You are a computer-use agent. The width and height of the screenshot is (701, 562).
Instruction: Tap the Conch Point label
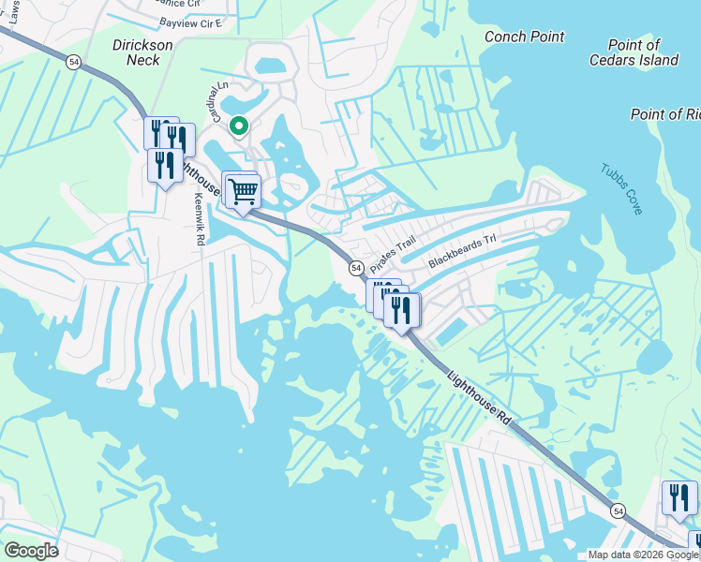[x=525, y=37]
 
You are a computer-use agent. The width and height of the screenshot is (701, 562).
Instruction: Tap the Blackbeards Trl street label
[x=462, y=250]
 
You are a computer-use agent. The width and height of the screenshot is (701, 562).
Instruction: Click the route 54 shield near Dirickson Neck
[x=74, y=60]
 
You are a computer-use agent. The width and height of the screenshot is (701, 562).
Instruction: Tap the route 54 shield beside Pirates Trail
[x=356, y=268]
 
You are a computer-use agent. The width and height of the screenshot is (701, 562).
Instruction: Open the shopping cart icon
[x=244, y=190]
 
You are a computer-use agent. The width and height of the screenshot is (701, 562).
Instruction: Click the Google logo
[x=31, y=551]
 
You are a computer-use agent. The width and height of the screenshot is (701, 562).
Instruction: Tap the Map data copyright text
[x=642, y=555]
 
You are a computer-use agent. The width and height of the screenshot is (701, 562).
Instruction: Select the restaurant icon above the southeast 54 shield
[x=679, y=496]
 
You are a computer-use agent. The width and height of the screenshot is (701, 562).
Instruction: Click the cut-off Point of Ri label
[x=665, y=114]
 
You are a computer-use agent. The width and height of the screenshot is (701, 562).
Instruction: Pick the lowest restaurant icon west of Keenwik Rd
[x=166, y=166]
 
